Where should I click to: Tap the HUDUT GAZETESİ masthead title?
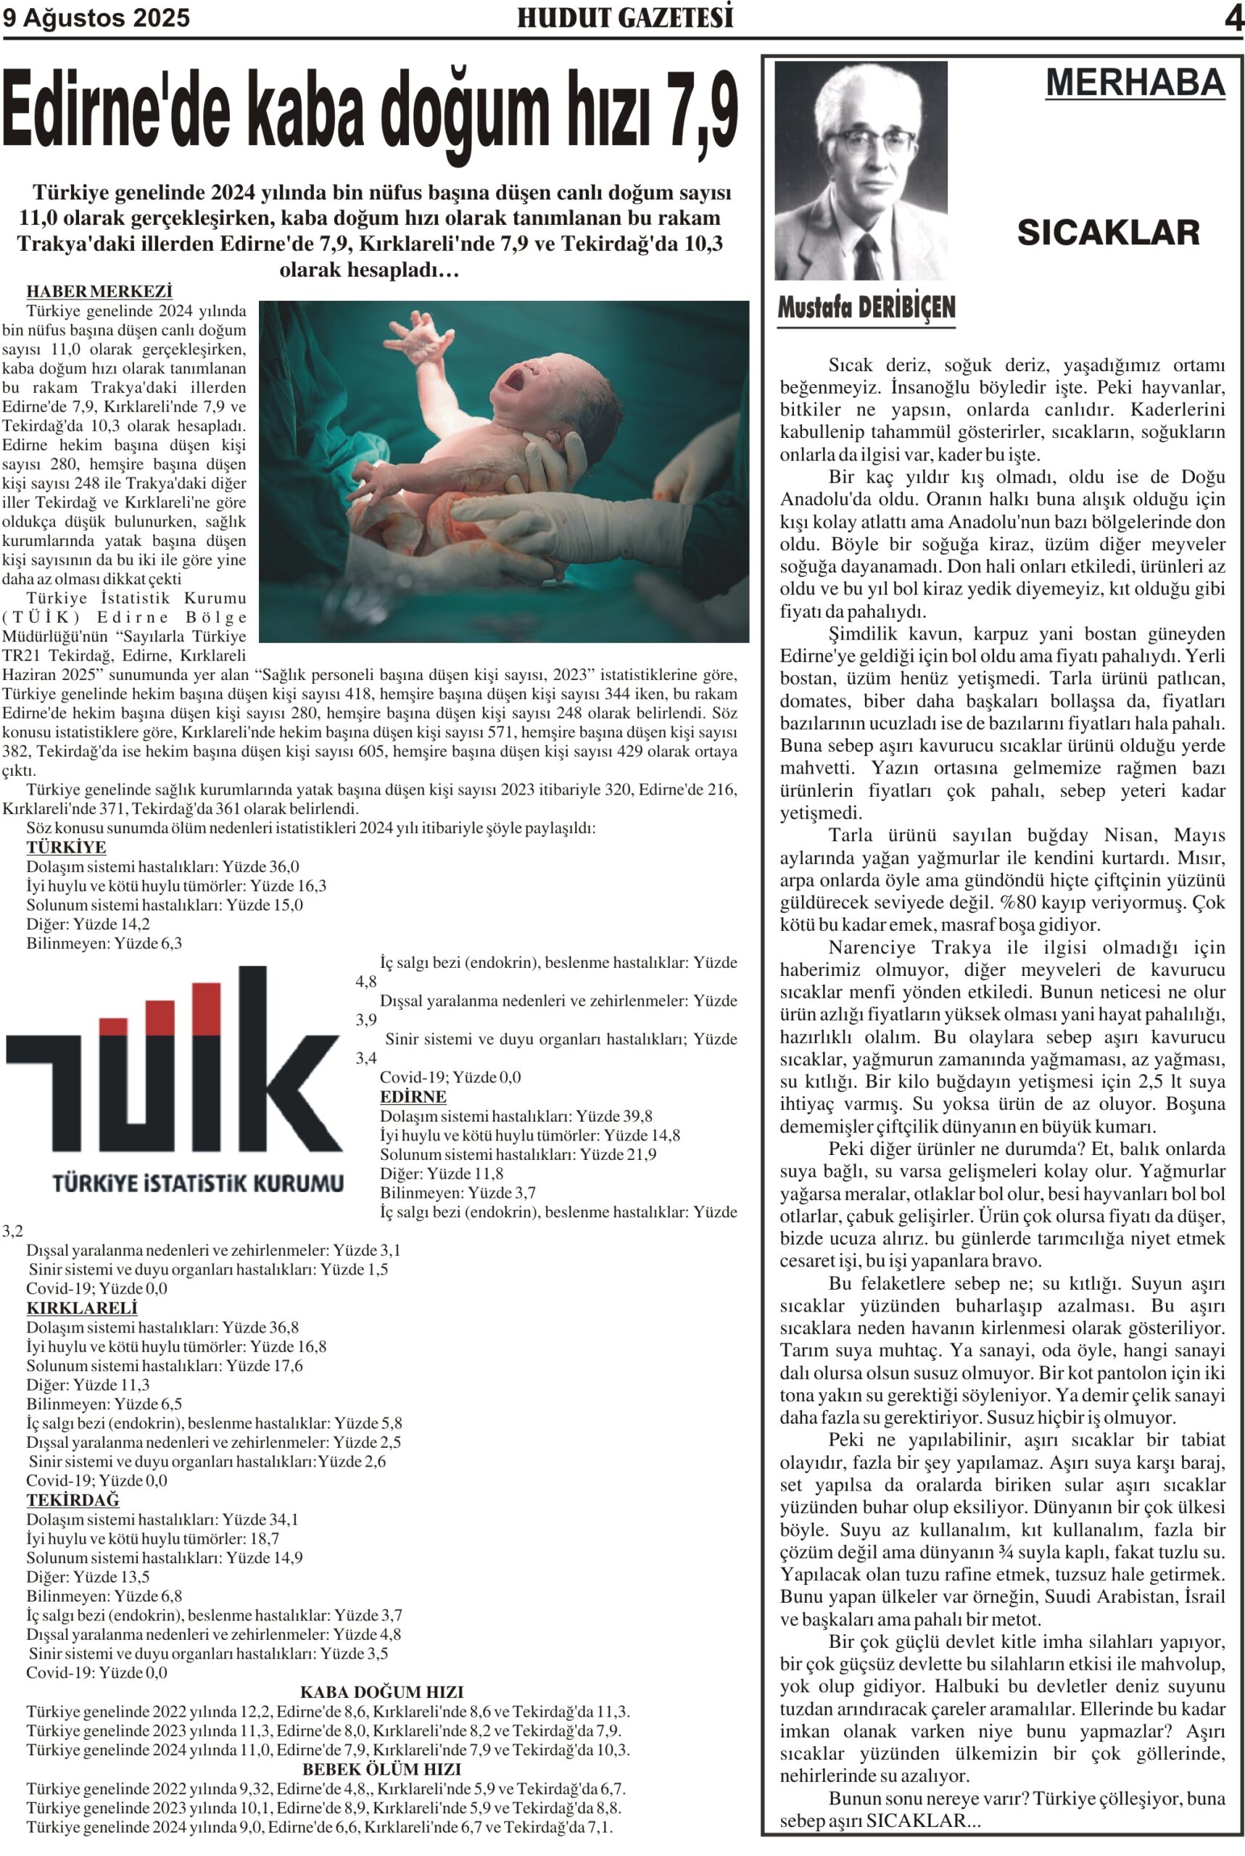coord(625,17)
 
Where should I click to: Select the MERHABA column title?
coord(1135,83)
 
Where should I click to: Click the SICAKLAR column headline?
coord(1108,233)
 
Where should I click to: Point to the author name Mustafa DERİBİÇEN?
coord(866,308)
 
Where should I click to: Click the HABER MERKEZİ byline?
coord(99,292)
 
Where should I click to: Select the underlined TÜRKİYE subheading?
coord(66,848)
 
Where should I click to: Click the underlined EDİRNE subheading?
coord(413,1097)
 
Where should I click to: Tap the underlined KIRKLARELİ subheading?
coord(82,1307)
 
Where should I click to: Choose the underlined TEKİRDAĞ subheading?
coord(73,1499)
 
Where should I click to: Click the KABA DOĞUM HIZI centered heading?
coord(381,1691)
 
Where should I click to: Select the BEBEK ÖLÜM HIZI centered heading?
coord(381,1769)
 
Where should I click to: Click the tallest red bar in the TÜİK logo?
coord(207,1008)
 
